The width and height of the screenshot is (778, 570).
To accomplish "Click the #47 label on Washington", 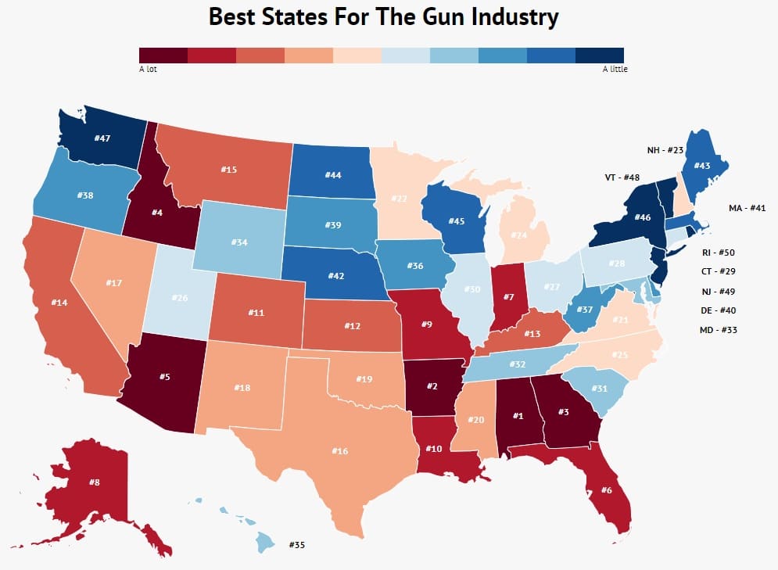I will click(102, 138).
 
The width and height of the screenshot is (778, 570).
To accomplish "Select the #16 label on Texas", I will click(339, 450).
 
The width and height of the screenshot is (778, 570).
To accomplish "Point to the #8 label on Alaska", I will click(94, 482).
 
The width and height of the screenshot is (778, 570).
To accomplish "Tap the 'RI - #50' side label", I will click(718, 252).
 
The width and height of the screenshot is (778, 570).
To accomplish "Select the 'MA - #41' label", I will click(745, 207).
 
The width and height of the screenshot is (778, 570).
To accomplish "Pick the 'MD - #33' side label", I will click(718, 330).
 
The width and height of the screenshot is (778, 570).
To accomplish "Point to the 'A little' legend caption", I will click(615, 69).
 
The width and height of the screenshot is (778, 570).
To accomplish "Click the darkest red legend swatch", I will click(163, 55).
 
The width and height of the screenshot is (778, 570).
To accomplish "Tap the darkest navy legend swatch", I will click(600, 55).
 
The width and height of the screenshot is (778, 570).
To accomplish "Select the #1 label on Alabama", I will click(517, 415).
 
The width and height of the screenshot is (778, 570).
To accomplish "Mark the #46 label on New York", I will click(621, 217).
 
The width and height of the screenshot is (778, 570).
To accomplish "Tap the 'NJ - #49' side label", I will click(718, 291).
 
